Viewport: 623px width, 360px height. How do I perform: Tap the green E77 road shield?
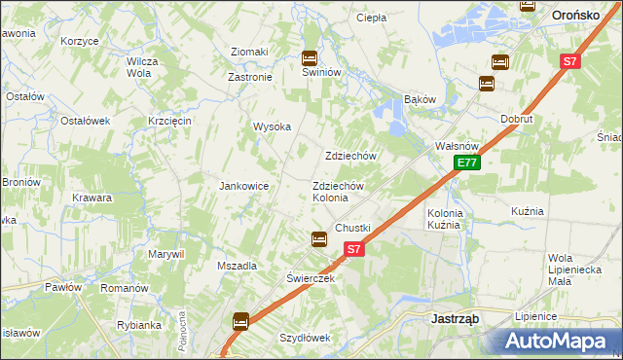coord(467,162)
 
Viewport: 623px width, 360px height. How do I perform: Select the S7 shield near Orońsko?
coord(571,61)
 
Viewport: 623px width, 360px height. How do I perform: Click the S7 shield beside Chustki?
coord(353,249)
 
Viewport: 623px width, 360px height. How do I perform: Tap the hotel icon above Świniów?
coord(310,57)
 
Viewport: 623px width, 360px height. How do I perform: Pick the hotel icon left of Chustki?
coord(318,238)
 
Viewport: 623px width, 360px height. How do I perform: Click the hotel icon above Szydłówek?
coord(240,320)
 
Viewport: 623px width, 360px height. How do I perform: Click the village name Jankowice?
coord(243,186)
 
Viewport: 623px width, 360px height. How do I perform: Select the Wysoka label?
coord(273,126)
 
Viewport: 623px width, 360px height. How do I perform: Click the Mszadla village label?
coord(237,266)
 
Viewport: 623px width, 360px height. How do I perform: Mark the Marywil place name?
coord(166,254)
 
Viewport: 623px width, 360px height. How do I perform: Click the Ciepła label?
coord(371,18)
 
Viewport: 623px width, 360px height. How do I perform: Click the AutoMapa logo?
coord(556,341)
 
